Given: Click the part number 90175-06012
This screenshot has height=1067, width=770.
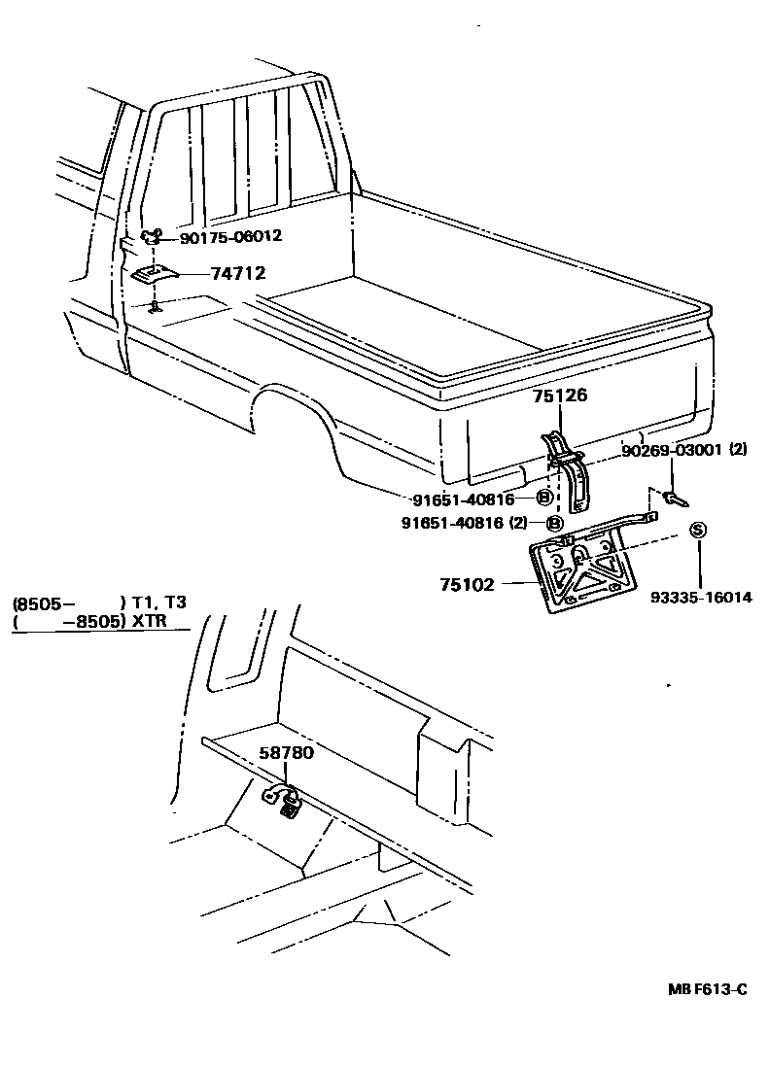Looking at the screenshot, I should (x=230, y=236).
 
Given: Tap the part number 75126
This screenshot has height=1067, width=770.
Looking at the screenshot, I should (x=560, y=396).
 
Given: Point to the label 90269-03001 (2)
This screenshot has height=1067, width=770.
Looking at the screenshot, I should (x=684, y=451).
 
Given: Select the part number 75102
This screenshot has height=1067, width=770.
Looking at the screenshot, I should (x=467, y=584).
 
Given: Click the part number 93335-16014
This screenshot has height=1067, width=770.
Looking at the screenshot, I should (x=700, y=597).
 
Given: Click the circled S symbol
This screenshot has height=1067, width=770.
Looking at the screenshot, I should (x=697, y=530).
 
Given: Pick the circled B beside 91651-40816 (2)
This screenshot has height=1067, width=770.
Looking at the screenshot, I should (x=555, y=523).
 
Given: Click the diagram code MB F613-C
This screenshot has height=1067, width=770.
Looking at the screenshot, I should (x=707, y=989).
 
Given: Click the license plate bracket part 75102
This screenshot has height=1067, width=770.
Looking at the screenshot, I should (x=579, y=574).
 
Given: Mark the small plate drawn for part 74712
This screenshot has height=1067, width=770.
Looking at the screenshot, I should (x=154, y=275).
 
